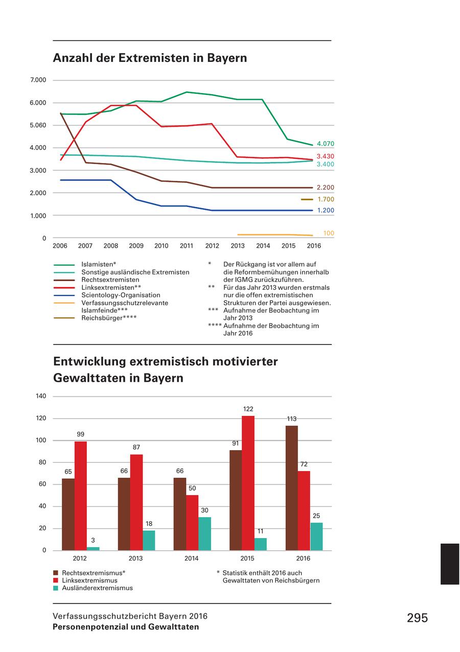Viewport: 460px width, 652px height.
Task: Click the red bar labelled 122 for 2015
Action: (248, 483)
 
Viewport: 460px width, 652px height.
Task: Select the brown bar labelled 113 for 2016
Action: (291, 488)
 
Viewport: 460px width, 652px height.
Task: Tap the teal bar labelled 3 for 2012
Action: (93, 548)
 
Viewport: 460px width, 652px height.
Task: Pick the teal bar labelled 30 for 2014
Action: (204, 533)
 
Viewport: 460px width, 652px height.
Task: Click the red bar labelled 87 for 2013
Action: (136, 502)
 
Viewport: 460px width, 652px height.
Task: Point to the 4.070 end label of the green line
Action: (325, 144)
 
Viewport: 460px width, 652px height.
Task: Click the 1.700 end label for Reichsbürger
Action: (325, 199)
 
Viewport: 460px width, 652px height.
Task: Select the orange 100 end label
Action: (329, 233)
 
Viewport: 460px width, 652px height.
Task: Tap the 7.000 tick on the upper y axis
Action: (38, 80)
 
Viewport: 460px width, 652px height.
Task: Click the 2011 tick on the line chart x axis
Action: (187, 246)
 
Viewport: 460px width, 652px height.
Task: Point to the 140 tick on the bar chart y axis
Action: (41, 396)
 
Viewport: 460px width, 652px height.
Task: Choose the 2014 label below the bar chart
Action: (191, 558)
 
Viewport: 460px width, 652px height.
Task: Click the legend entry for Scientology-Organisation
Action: (121, 295)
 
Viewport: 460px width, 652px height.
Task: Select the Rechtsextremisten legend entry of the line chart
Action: (110, 280)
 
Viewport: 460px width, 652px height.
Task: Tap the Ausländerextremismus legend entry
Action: (97, 588)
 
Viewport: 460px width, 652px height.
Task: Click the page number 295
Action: (417, 618)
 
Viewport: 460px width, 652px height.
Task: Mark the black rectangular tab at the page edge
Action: (450, 564)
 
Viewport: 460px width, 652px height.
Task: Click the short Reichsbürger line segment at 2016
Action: (307, 199)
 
